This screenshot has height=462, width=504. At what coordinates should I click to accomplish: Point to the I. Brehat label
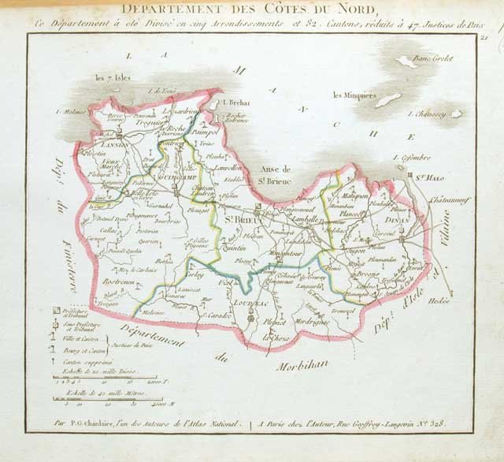pos(235,102)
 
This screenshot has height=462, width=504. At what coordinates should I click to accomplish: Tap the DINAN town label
pos(399,222)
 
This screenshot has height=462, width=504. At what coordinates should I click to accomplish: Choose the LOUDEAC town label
pos(251,303)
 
